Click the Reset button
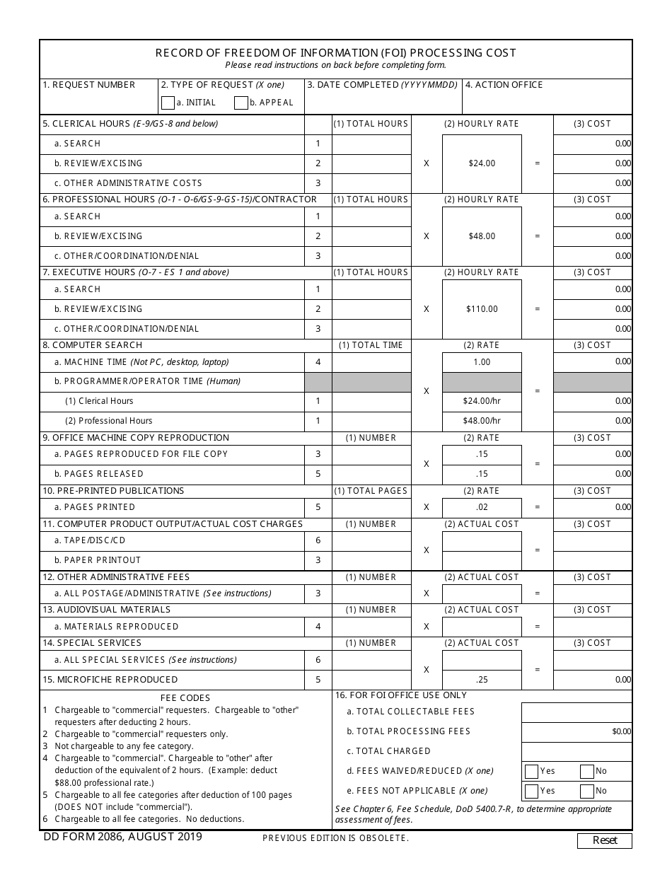click(x=604, y=840)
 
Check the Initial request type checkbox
click(x=168, y=103)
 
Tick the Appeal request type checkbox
click(x=241, y=103)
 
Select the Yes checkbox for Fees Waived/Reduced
click(x=531, y=771)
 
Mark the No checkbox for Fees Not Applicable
click(x=586, y=791)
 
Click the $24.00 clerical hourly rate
click(x=482, y=163)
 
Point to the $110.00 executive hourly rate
click(x=482, y=309)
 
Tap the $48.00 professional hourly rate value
click(x=482, y=236)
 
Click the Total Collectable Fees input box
click(x=577, y=712)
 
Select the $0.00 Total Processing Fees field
click(x=577, y=731)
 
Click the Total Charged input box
click(x=577, y=751)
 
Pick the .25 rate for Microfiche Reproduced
click(x=482, y=680)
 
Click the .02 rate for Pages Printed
click(x=482, y=507)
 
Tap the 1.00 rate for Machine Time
click(x=482, y=362)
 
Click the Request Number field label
click(x=89, y=85)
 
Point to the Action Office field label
click(x=504, y=85)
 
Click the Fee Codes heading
click(x=185, y=697)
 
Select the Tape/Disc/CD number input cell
click(x=371, y=541)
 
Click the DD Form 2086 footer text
click(x=121, y=837)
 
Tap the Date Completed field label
click(x=382, y=85)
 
